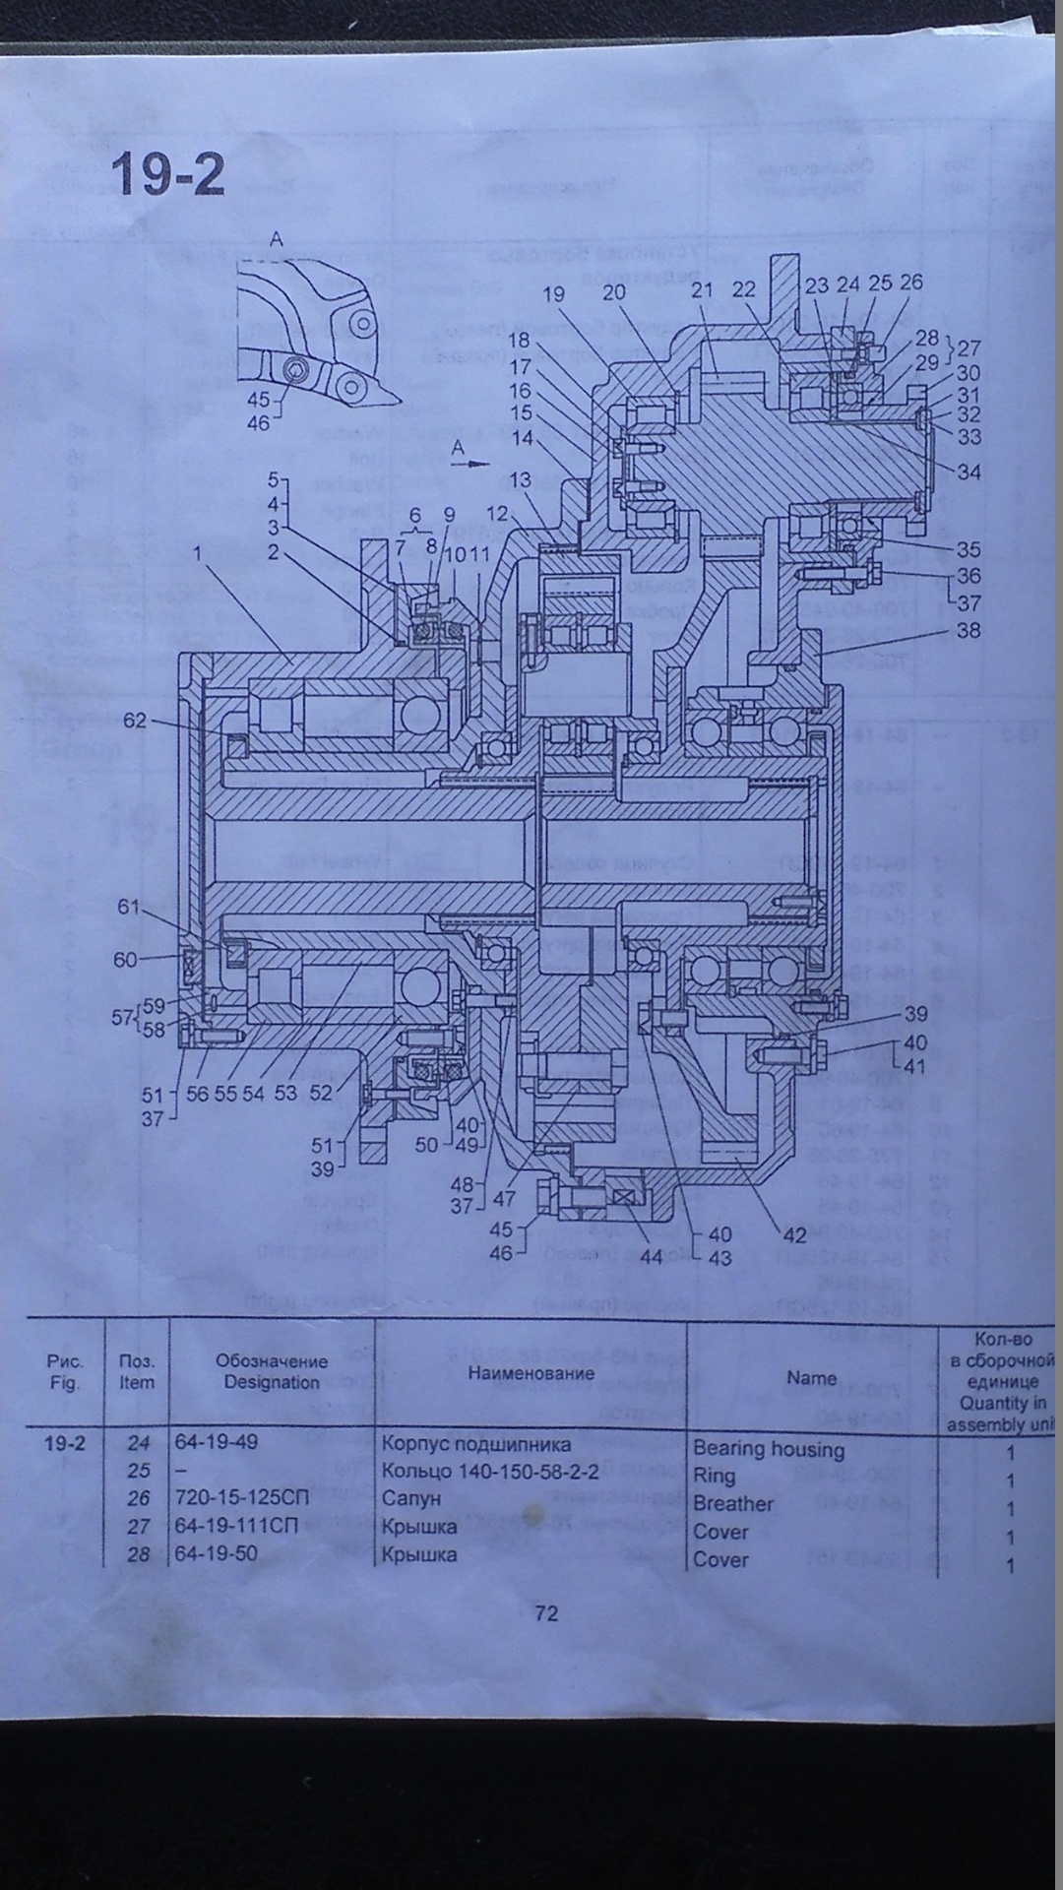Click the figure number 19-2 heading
click(167, 174)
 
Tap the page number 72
click(546, 1613)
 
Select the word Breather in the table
click(733, 1504)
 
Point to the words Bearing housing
click(769, 1449)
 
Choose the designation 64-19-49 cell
click(217, 1442)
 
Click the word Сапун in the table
click(411, 1499)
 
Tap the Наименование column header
click(531, 1373)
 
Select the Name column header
click(811, 1378)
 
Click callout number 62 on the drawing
click(134, 721)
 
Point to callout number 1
click(197, 554)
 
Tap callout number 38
click(969, 630)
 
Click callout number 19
click(553, 293)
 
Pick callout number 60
click(125, 959)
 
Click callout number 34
click(969, 472)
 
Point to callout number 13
click(520, 479)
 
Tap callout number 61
click(129, 907)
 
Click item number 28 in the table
click(139, 1555)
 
